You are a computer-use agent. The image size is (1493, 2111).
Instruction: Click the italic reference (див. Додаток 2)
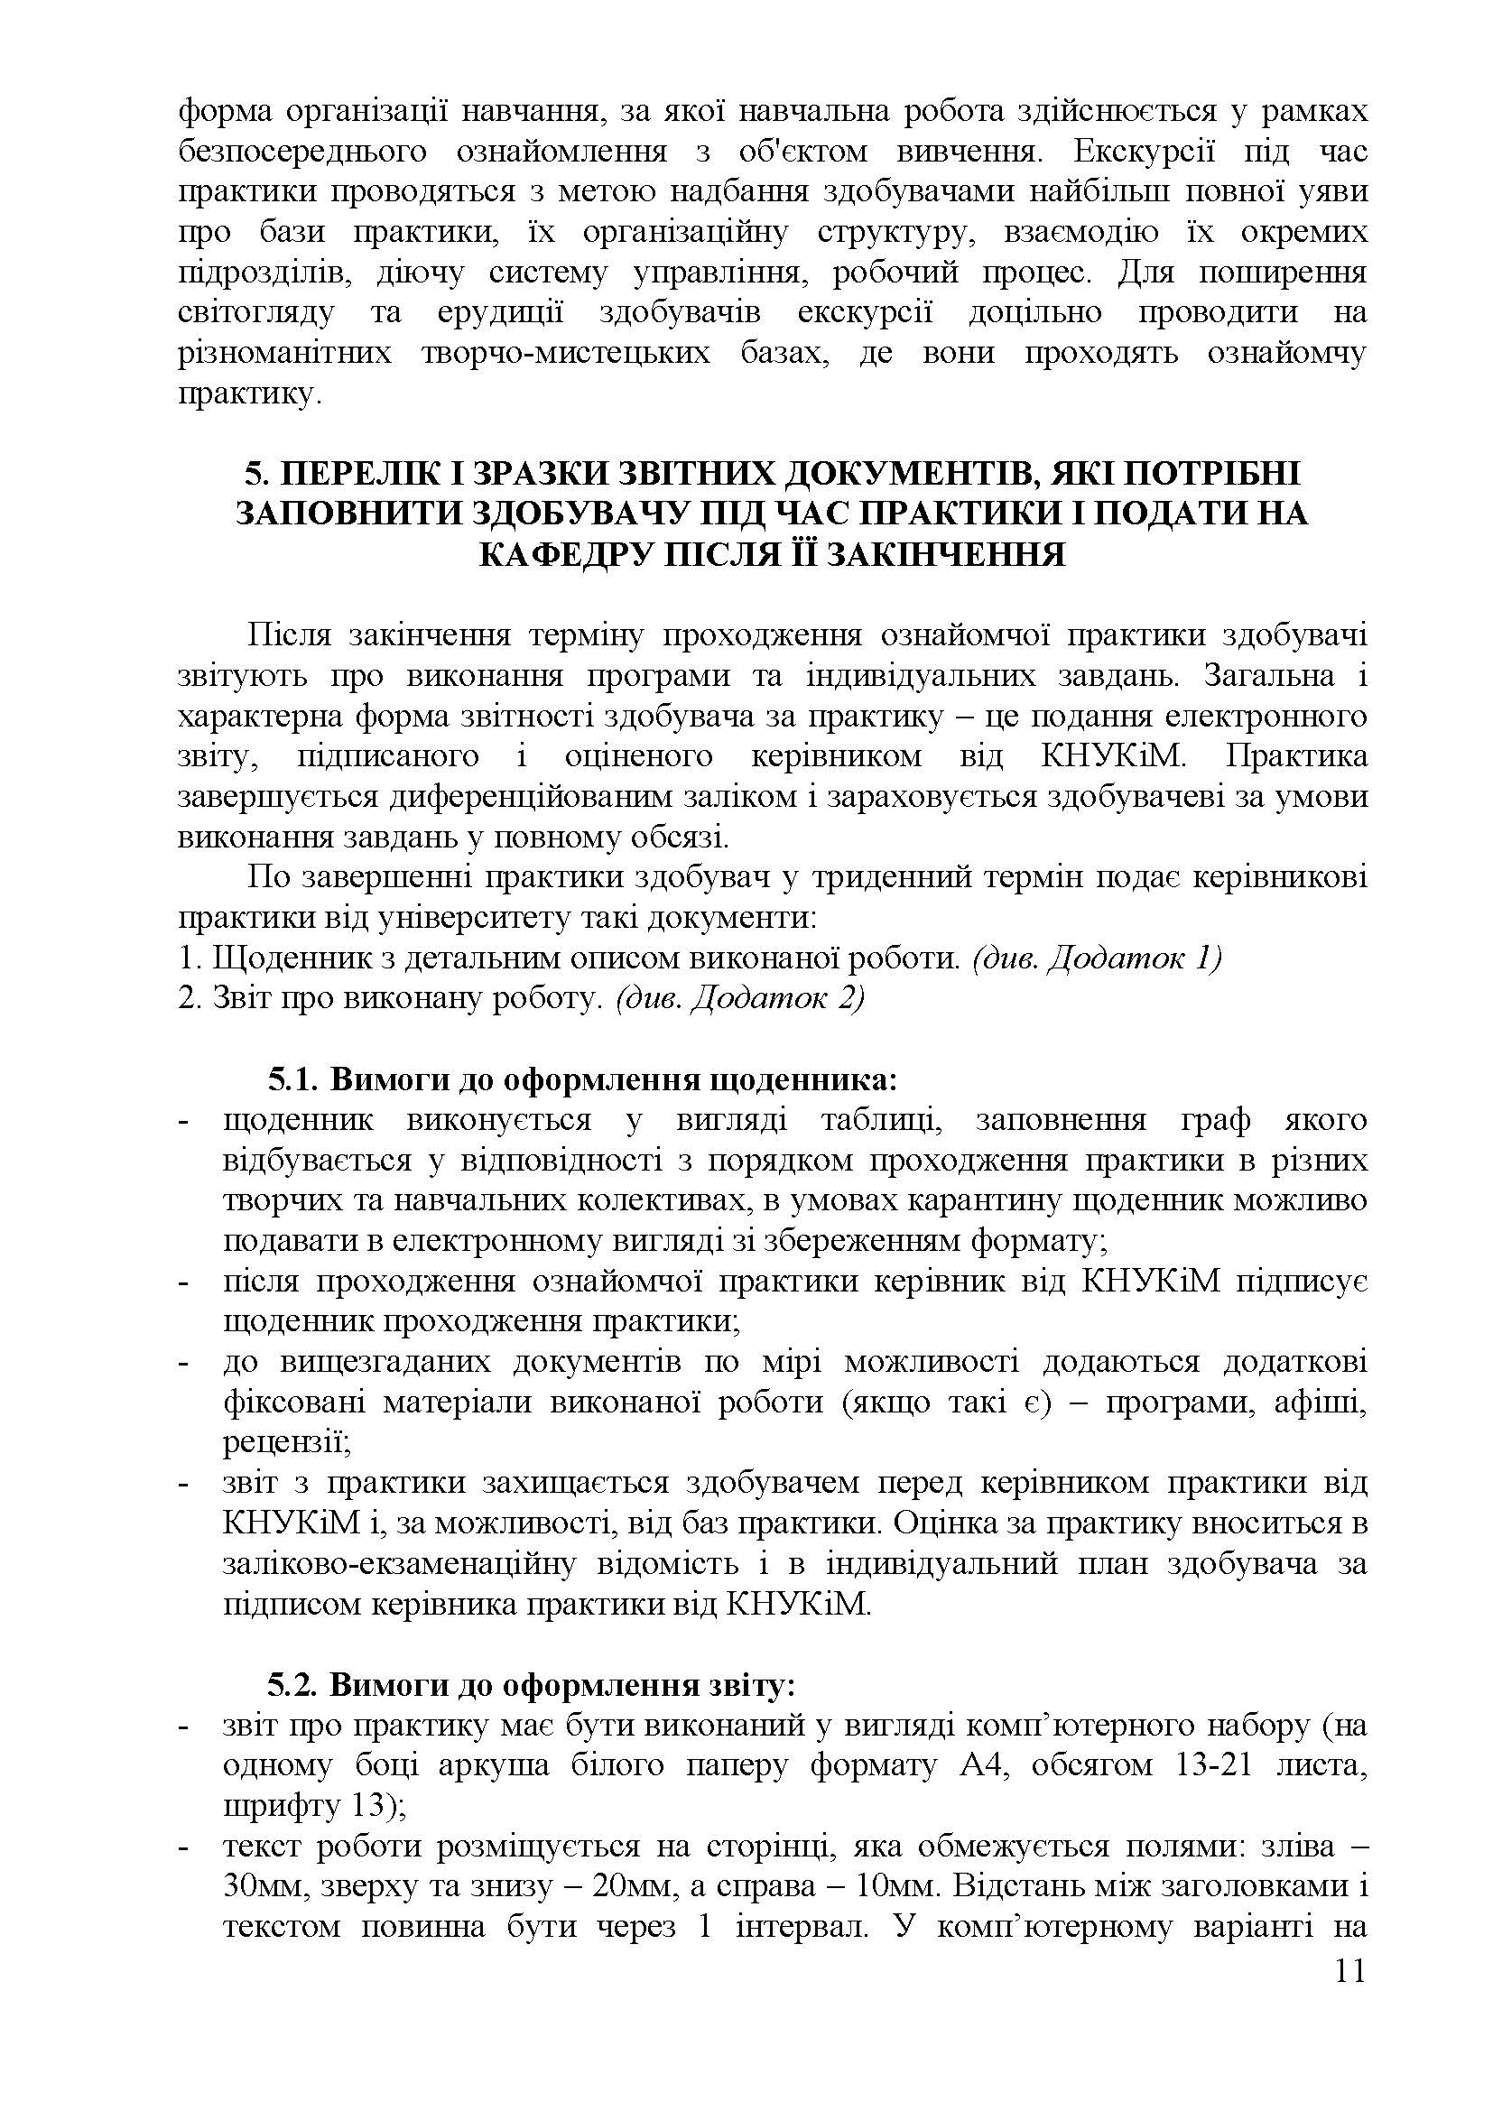739,998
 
